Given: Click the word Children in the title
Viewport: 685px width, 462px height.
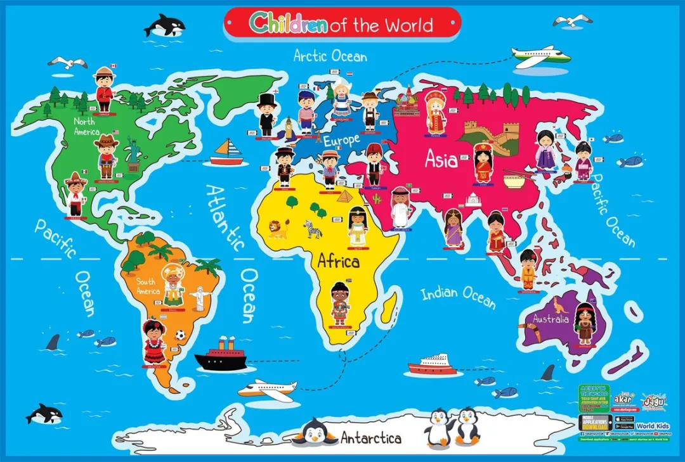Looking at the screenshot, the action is click(x=288, y=23).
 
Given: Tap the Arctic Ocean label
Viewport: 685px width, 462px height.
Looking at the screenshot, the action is click(x=330, y=55).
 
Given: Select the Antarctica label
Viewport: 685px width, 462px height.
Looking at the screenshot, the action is click(x=371, y=437).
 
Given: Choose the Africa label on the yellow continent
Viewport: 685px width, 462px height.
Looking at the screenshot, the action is click(x=338, y=260).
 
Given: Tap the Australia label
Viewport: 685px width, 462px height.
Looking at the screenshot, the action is click(x=551, y=319).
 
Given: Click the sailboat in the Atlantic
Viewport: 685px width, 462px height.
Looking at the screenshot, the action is click(x=226, y=153).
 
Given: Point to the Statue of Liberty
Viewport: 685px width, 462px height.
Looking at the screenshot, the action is click(x=134, y=154).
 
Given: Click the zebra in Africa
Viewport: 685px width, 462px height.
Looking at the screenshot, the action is click(x=313, y=228).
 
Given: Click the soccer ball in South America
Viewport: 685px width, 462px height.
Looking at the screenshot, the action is click(x=180, y=335).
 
